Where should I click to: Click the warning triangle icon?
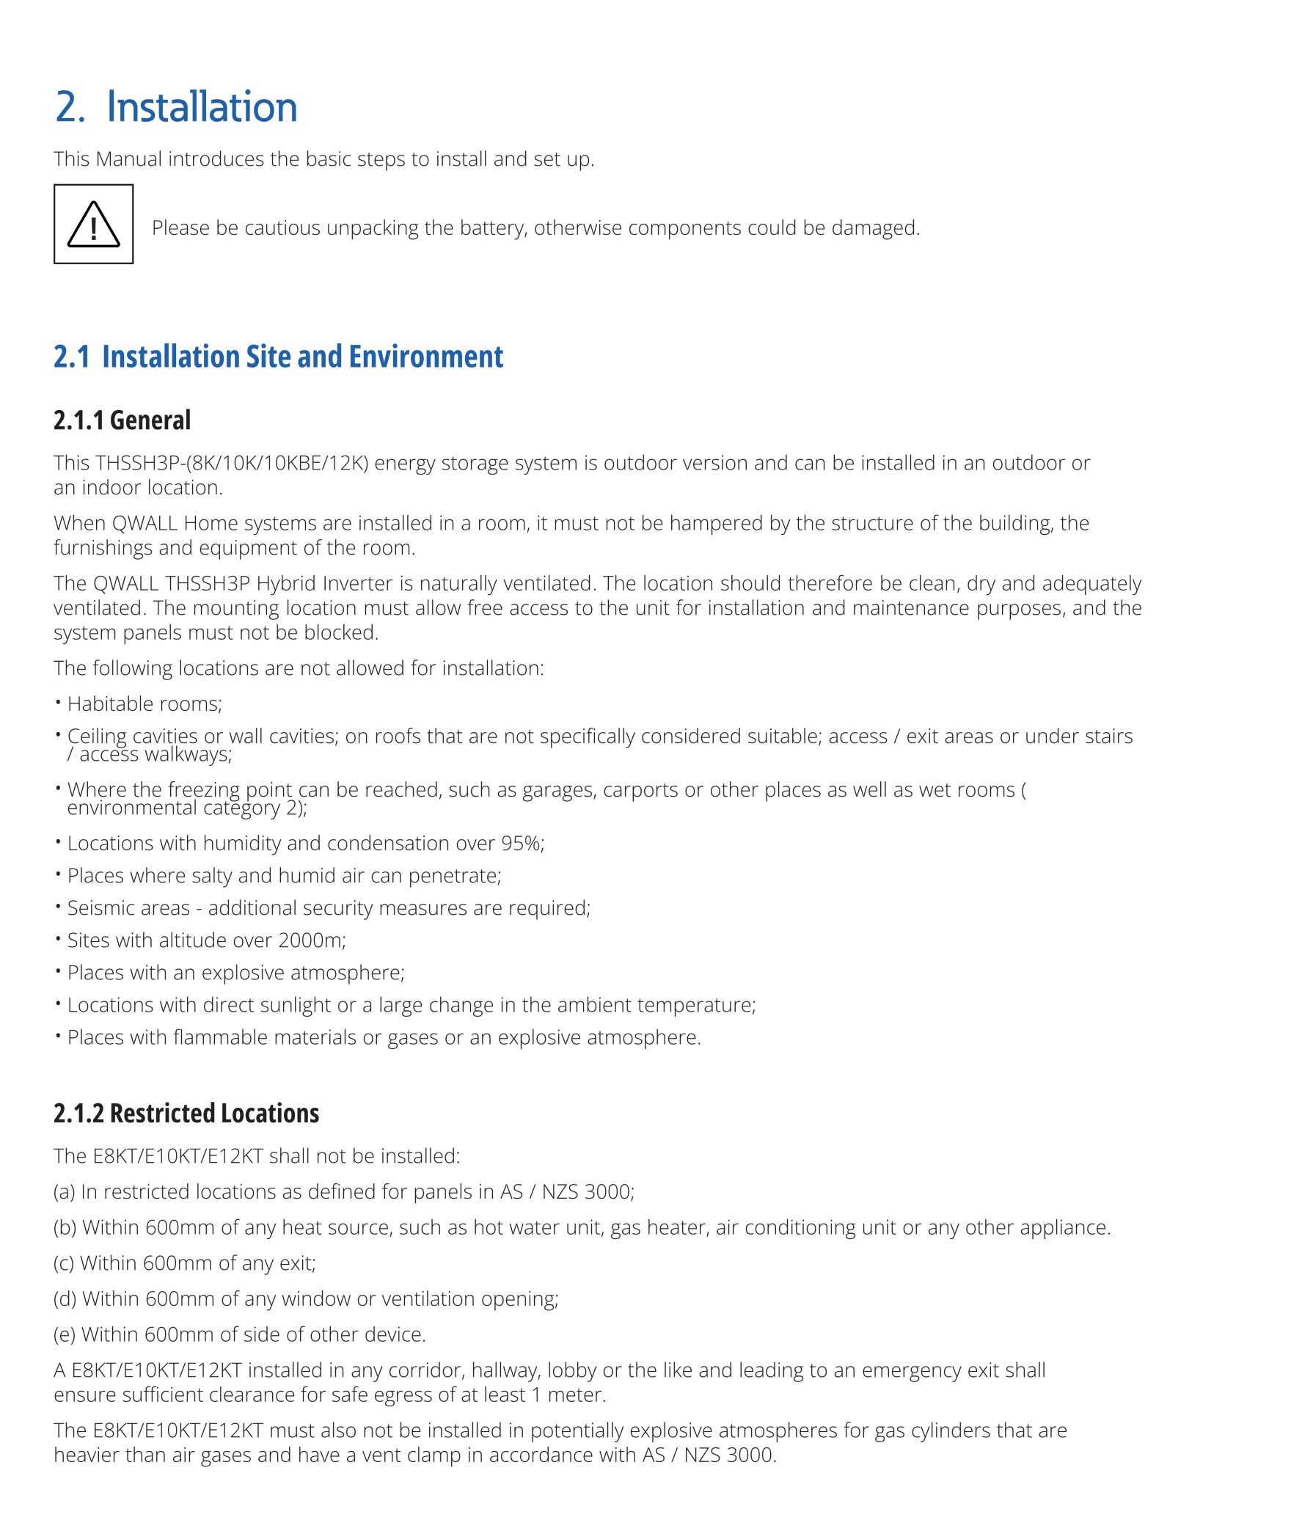point(93,224)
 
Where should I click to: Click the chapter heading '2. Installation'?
point(176,106)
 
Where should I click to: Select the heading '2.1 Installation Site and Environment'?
point(278,356)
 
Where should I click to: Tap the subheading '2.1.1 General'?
point(122,420)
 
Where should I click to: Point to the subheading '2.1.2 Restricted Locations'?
point(186,1113)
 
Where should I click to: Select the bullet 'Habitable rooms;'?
point(144,704)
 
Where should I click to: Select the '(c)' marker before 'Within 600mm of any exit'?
point(65,1263)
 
